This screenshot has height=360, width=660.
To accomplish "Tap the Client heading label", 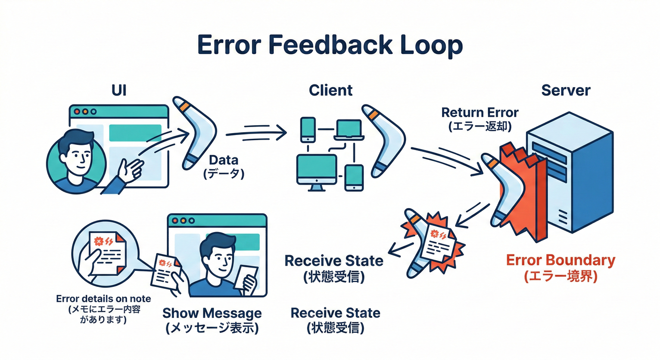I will pyautogui.click(x=330, y=90).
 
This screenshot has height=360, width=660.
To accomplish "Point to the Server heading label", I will pyautogui.click(x=565, y=90).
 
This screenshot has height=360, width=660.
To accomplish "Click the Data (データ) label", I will pyautogui.click(x=224, y=166).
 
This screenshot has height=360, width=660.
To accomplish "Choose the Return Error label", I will pyautogui.click(x=480, y=112).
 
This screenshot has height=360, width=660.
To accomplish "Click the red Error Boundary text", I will pyautogui.click(x=560, y=261).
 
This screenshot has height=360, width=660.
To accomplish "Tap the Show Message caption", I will pyautogui.click(x=212, y=313).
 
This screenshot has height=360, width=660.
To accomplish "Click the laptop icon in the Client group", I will pyautogui.click(x=349, y=129).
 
